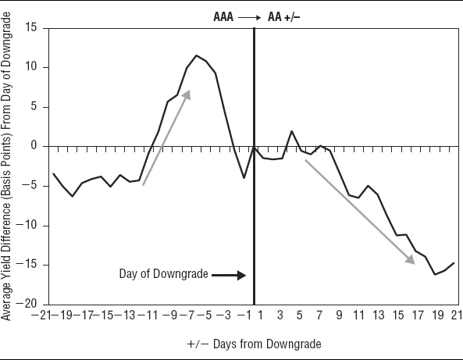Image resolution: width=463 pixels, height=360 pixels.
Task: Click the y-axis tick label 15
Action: (30, 27)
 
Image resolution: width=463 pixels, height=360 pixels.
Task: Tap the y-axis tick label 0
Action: (34, 145)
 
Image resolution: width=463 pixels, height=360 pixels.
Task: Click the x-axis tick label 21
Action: (457, 315)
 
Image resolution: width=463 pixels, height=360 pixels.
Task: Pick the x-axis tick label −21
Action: (41, 315)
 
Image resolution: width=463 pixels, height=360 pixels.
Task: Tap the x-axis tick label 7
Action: (319, 315)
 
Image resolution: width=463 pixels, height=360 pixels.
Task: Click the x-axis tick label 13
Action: (378, 315)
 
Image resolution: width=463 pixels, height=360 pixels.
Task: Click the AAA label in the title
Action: (223, 17)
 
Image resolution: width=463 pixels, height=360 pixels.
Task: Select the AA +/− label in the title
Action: (283, 17)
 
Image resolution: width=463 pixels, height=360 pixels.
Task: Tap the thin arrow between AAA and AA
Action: (249, 18)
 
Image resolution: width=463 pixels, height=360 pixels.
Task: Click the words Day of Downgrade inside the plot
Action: (164, 274)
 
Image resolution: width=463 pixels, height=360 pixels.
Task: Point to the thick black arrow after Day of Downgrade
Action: (229, 275)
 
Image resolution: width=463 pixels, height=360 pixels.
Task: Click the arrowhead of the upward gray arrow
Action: (187, 94)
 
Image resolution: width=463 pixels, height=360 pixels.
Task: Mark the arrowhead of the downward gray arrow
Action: (410, 260)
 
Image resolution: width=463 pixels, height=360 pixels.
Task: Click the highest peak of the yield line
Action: (196, 55)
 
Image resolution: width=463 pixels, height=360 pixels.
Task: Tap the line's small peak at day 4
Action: (291, 131)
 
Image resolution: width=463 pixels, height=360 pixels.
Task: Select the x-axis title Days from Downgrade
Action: (267, 344)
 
